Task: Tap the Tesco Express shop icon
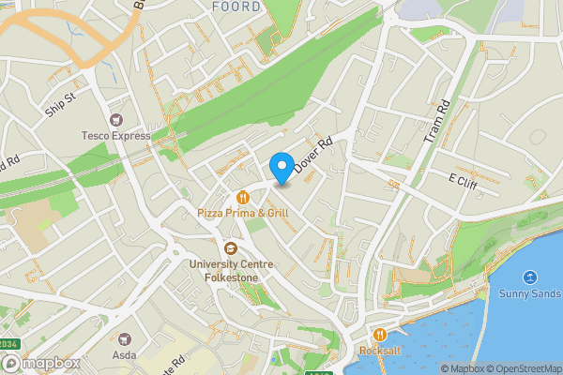coord(116,120)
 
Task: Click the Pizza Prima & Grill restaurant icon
coord(243,197)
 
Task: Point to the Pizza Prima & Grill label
coord(243,213)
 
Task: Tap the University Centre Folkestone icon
coord(230,247)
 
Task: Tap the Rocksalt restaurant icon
coord(379,335)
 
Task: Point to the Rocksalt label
coord(379,352)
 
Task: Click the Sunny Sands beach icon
coord(530,277)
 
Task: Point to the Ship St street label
coord(59,105)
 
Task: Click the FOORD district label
coord(235,7)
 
